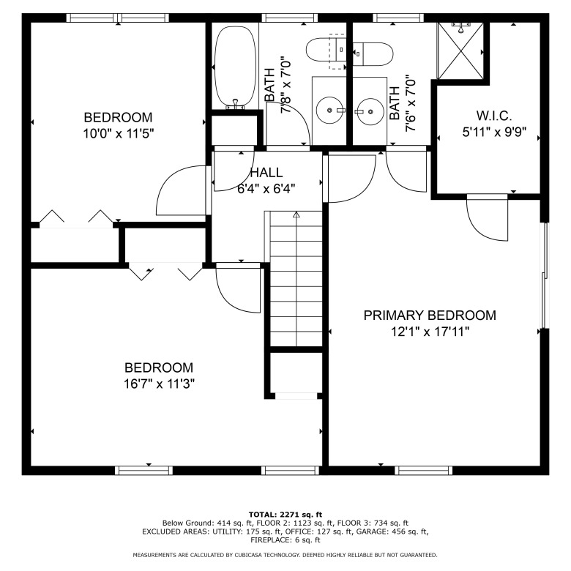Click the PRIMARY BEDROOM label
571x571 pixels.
point(430,316)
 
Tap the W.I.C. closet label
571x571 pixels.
point(494,116)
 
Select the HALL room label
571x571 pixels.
point(267,172)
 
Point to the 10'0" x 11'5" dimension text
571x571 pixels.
point(119,134)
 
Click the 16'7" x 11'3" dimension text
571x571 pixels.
point(159,384)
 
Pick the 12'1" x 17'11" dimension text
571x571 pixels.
point(430,332)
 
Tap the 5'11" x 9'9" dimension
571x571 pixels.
point(495,132)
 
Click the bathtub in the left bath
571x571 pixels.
point(235,67)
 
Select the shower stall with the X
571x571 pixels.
point(460,51)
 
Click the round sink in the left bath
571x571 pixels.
point(329,111)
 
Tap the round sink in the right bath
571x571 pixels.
point(370,111)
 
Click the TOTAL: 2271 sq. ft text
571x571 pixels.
point(285,515)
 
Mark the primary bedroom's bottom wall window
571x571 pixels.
point(424,471)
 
